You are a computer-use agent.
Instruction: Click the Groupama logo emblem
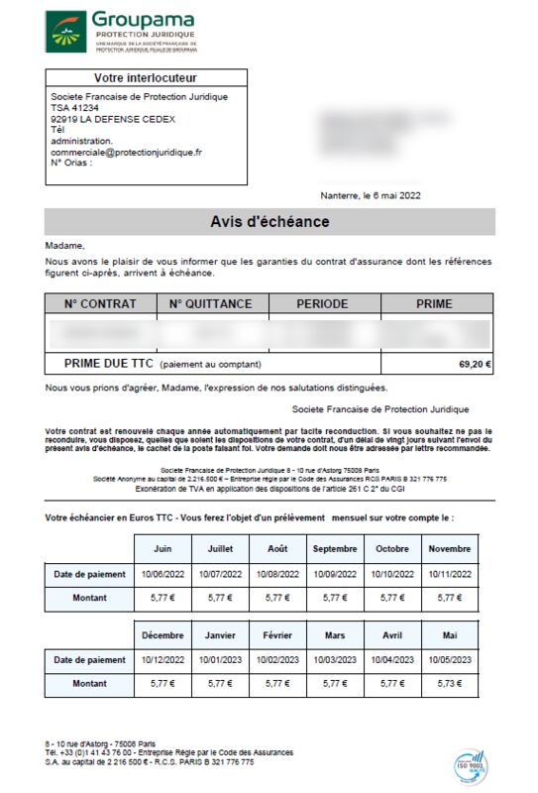(65, 33)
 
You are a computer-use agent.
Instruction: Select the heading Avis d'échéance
(269, 222)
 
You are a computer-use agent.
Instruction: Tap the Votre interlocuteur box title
(146, 77)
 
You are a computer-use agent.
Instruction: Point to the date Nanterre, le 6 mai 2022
(371, 196)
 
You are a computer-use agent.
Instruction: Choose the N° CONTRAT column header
(100, 304)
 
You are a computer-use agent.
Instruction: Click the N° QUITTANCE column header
(211, 304)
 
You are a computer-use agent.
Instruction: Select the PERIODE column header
(323, 304)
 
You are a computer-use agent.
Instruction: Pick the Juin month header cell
(162, 548)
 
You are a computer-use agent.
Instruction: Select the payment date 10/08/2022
(277, 574)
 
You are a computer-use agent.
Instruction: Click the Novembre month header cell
(450, 548)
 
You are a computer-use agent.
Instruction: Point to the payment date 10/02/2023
(277, 660)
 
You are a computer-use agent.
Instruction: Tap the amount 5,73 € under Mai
(450, 685)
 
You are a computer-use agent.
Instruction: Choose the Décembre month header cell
(162, 635)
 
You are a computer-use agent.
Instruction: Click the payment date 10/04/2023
(392, 660)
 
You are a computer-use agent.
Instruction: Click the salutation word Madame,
(65, 246)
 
